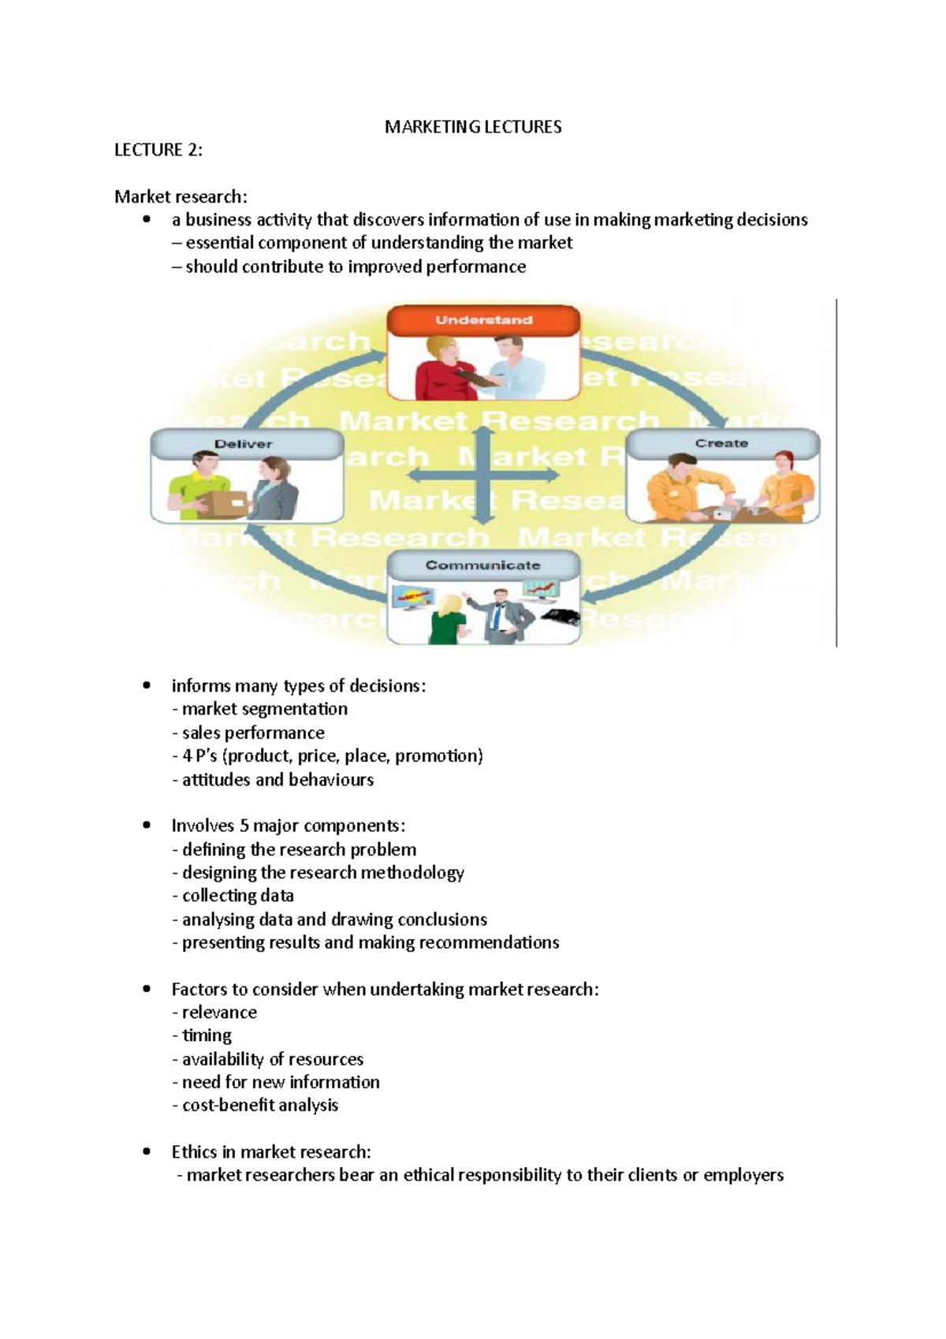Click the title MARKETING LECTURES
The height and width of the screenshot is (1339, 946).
point(473,127)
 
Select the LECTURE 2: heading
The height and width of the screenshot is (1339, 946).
point(158,150)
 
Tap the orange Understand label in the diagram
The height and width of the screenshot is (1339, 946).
point(483,320)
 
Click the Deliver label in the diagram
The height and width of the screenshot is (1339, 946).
point(243,444)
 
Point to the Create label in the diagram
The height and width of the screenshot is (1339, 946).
point(721,443)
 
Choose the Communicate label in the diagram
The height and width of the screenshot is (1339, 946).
point(482,565)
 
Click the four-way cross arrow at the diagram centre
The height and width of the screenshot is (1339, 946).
point(484,476)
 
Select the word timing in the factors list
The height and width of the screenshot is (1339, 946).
point(207,1035)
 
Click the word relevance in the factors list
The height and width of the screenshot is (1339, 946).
point(219,1013)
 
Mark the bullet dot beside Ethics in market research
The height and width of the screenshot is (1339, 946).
point(147,1151)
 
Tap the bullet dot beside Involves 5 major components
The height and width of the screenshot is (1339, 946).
point(147,826)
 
